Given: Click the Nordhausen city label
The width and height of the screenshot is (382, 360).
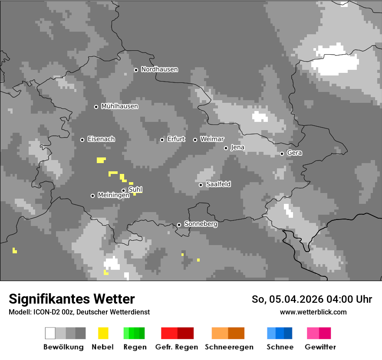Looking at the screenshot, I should point(159,69).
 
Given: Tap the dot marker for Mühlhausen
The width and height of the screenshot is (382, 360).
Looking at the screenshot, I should point(96,107).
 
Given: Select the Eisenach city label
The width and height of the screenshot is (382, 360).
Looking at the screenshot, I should point(101,139).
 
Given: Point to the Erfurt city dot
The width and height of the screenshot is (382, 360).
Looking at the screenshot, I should point(162,140).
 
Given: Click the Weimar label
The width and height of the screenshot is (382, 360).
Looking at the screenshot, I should point(212,139).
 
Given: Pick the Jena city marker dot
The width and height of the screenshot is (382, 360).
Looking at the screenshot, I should point(226,148).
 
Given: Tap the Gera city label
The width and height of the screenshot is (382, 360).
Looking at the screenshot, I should point(294,153).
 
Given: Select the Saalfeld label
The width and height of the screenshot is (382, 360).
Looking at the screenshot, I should point(218,184).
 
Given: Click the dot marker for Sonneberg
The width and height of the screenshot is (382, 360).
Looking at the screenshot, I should point(179,225).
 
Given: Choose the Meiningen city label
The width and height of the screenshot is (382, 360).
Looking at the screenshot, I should point(113,196).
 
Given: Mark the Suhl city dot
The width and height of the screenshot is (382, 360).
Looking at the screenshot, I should point(123,190).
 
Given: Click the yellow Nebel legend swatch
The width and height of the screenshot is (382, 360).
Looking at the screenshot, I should point(103,333).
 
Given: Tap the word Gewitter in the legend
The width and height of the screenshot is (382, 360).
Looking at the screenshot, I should point(320,347).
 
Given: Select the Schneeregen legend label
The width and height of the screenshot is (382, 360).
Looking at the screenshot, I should point(229,347).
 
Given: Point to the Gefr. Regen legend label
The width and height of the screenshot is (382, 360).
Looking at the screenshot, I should point(176,347).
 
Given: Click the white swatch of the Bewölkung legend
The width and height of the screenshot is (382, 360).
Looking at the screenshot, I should point(50,333).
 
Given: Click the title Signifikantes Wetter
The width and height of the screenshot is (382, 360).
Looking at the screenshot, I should point(72,299).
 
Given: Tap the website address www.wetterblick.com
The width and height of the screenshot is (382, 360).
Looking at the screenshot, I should point(313,312).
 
